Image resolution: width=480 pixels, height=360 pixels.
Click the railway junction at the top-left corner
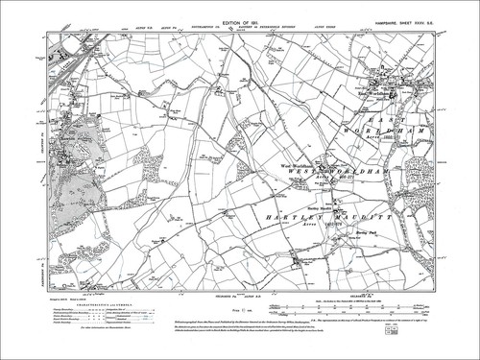point(71,47)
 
